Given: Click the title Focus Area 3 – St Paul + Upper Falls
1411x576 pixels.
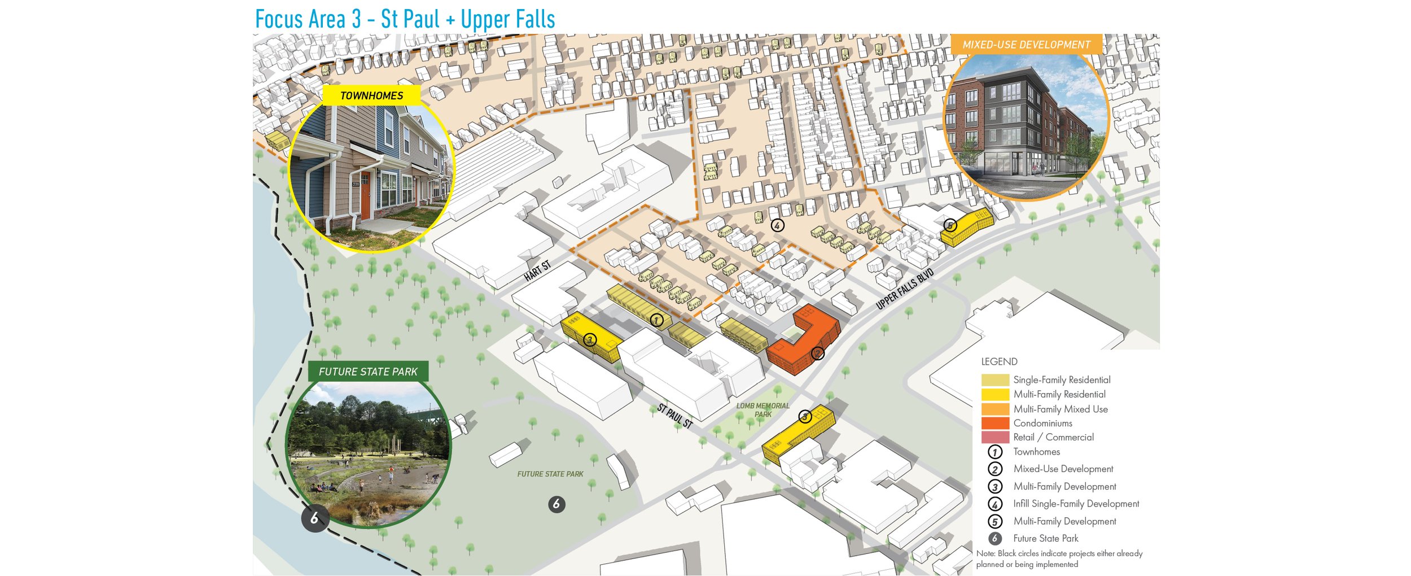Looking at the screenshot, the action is click(405, 19).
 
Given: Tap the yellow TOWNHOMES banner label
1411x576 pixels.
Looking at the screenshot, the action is click(371, 95).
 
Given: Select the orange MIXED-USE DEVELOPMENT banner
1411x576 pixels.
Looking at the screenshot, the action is click(1026, 45).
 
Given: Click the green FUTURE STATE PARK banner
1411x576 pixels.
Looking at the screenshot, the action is click(368, 372).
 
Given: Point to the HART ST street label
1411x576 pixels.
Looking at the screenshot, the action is click(537, 271).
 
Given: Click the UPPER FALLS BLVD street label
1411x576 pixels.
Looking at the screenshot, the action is click(904, 289).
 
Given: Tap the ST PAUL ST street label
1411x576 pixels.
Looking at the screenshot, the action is click(674, 416).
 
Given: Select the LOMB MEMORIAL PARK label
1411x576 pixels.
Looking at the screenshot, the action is click(763, 410).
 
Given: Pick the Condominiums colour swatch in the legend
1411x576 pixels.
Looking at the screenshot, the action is click(994, 423).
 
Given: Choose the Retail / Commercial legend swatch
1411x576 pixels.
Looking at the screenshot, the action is click(994, 437).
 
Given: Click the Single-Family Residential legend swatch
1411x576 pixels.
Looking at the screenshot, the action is click(994, 380).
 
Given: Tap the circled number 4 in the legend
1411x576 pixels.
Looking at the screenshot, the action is click(994, 504).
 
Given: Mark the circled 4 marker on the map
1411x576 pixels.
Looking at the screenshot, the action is click(777, 226).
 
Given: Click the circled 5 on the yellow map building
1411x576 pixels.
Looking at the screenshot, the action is click(950, 226).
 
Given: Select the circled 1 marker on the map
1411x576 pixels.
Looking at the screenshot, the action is click(656, 320).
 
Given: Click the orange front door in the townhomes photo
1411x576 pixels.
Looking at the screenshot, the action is click(365, 198).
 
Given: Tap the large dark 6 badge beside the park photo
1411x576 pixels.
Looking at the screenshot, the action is click(314, 518).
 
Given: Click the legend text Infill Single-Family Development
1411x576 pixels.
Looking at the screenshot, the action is click(1076, 504).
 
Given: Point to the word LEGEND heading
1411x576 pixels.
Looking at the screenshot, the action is click(999, 361).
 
